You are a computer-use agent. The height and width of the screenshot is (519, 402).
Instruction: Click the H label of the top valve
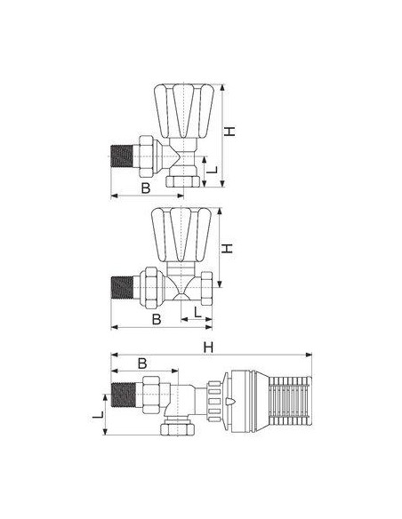229,132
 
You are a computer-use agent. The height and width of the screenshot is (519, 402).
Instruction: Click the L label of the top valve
212,170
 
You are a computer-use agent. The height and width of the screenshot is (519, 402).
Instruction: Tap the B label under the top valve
146,188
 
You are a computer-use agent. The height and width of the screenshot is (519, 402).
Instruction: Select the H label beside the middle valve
227,249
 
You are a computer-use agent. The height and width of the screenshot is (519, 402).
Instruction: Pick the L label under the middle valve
197,312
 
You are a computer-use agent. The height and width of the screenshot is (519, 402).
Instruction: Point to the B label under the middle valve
157,319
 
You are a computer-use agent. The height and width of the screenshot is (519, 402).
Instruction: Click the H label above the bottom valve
208,347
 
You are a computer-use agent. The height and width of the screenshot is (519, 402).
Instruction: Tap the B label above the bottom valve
142,363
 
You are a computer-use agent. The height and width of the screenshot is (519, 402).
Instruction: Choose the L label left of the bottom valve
98,415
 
